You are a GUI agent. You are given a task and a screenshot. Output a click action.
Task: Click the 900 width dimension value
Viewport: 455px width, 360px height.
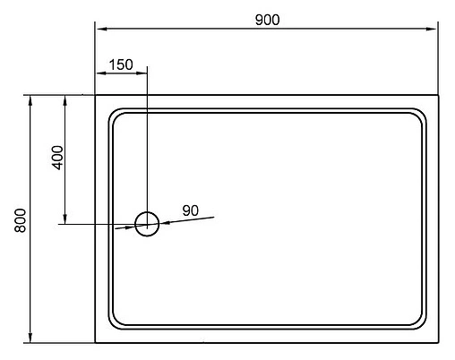266,20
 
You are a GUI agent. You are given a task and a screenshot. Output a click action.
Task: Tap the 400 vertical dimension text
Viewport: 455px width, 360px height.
56,159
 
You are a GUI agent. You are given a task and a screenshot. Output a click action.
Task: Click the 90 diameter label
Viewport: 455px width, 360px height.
190,210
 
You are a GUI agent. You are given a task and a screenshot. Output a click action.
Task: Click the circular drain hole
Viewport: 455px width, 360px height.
146,223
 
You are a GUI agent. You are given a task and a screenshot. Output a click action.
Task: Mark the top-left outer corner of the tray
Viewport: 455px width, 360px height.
96,95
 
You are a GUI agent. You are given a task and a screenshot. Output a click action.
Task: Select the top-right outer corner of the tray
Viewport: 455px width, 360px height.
437,95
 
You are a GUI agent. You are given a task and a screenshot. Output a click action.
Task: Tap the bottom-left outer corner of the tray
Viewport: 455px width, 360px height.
96,341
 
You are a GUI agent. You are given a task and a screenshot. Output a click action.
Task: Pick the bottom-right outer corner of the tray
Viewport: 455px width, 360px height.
437,341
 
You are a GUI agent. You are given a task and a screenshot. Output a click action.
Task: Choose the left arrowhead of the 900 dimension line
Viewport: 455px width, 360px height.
101,30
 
